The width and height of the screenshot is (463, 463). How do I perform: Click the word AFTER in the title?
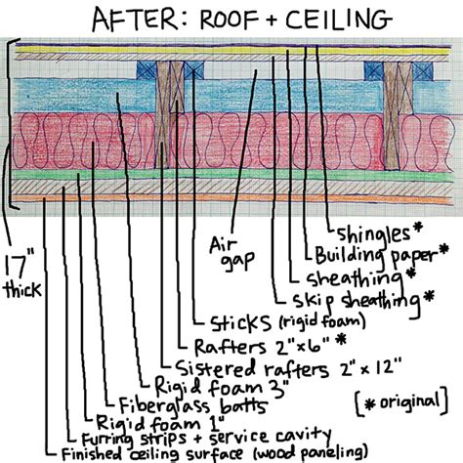(135, 19)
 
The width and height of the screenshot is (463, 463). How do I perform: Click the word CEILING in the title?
(339, 19)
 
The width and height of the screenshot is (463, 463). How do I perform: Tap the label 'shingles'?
(373, 233)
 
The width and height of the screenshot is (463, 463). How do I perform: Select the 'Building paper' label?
(375, 255)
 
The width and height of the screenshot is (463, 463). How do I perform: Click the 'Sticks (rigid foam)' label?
(287, 322)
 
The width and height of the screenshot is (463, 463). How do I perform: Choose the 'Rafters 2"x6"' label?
(262, 347)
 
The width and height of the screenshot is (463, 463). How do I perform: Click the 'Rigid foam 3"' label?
(222, 388)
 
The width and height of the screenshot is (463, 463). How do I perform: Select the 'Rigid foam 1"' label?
(160, 423)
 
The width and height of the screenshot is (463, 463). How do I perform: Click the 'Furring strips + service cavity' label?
(206, 438)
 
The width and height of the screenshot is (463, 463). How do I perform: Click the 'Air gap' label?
(231, 254)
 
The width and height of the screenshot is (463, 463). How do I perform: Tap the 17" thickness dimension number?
(17, 265)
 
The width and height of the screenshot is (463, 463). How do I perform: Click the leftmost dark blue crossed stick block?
(147, 70)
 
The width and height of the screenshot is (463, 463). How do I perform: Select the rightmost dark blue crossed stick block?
(423, 71)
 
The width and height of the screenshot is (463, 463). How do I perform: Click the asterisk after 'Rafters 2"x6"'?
(341, 340)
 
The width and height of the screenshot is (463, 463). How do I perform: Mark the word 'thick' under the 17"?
(22, 289)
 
